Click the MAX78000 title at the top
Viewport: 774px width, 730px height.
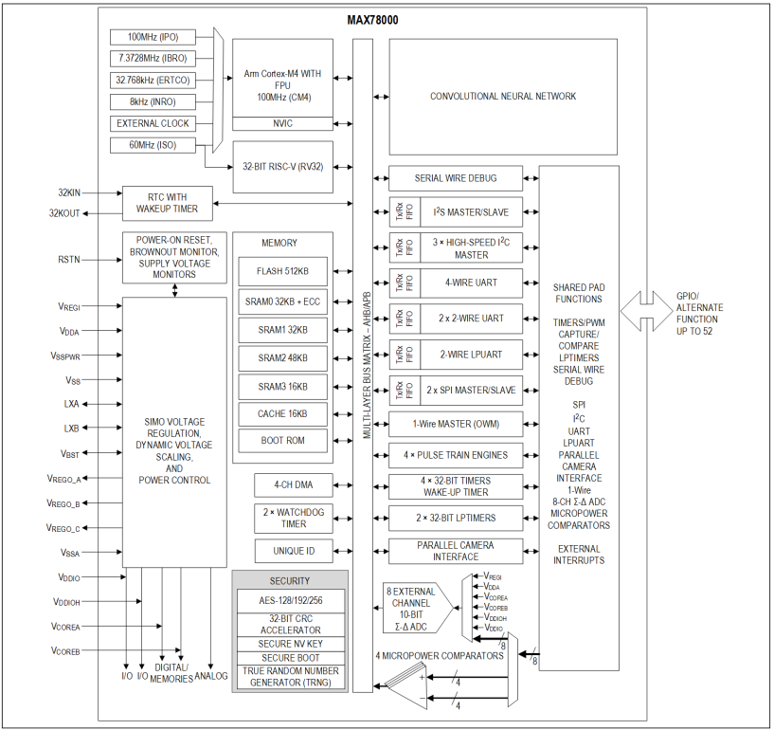(372, 20)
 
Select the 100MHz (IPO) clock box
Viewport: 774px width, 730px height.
(153, 37)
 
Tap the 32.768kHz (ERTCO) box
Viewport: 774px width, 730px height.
(153, 80)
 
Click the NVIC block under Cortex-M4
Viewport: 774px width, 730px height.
(282, 123)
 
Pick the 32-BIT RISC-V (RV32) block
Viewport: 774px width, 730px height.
(282, 167)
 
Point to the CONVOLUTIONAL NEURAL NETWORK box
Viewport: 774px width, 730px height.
(503, 97)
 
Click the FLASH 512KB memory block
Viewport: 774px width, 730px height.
(282, 271)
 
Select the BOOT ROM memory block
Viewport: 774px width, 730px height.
(282, 441)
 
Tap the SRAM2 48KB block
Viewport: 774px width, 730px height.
(282, 358)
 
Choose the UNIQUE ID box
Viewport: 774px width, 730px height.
(294, 551)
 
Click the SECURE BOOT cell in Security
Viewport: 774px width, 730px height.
(290, 658)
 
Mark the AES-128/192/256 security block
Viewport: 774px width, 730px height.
(290, 601)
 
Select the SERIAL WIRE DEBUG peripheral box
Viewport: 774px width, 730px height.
(456, 178)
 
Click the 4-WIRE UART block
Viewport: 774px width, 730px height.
(471, 283)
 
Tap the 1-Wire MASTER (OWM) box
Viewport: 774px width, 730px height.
(456, 425)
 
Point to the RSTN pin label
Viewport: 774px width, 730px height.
(68, 260)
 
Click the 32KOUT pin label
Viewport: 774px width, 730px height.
(64, 213)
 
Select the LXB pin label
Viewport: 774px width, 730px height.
(72, 429)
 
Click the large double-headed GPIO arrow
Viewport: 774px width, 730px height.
(646, 311)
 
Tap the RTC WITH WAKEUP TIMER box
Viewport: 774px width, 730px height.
(168, 203)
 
